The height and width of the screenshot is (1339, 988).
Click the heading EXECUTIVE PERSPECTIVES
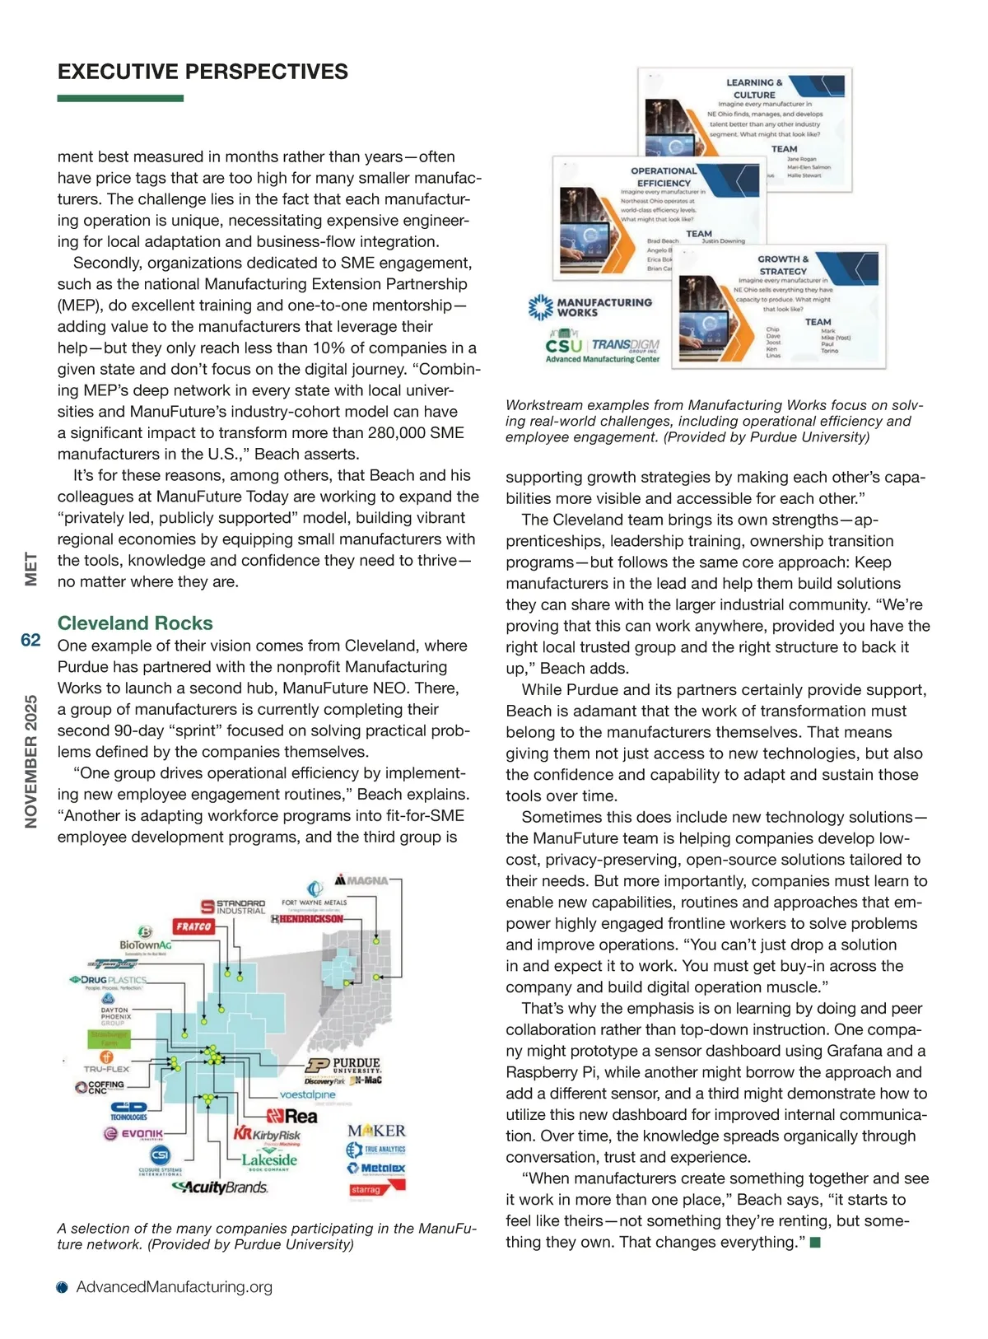click(x=203, y=72)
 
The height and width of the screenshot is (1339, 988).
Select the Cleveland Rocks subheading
click(x=135, y=623)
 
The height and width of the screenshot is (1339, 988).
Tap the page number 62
click(x=30, y=640)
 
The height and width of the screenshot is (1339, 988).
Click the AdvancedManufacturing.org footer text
click(x=174, y=1287)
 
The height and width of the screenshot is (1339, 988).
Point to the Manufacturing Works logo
click(x=590, y=307)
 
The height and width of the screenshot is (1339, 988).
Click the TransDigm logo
click(x=626, y=345)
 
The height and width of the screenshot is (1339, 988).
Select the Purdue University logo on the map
click(x=346, y=1065)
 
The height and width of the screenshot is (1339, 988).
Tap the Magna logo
click(x=361, y=880)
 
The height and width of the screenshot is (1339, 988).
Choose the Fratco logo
click(x=193, y=926)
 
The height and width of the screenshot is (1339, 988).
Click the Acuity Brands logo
click(x=220, y=1187)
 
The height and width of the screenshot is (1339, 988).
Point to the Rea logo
click(x=292, y=1117)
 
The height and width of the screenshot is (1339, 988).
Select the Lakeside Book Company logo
click(x=269, y=1160)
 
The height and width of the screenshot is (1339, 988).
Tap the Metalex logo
click(x=376, y=1168)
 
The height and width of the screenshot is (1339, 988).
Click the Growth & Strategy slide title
click(x=783, y=265)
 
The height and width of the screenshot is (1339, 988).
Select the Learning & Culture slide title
click(x=754, y=89)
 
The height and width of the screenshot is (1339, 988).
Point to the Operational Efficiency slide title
click(x=664, y=177)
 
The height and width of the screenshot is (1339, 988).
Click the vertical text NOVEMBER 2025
click(x=31, y=761)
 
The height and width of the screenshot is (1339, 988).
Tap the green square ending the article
click(x=815, y=1242)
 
